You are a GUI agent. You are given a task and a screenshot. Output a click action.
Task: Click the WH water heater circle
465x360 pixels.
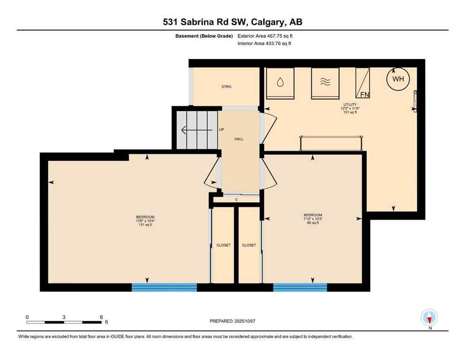[x=398, y=79]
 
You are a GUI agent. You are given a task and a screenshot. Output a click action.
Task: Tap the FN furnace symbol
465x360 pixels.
[x=363, y=83]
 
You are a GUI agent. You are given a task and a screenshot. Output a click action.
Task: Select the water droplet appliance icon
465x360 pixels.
[x=280, y=83]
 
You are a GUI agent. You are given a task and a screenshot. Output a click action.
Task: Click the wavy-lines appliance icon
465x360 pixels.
[x=325, y=83]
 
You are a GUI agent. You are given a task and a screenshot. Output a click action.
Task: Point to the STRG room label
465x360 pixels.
[x=227, y=87]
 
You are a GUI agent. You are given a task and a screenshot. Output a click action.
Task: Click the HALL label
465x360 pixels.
[x=239, y=139]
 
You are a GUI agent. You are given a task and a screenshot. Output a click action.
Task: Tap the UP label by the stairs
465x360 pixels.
[x=221, y=130]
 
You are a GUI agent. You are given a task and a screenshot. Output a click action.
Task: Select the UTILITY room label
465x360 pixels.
[x=349, y=105]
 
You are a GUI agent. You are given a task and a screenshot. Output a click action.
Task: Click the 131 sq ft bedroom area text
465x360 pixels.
[x=145, y=225]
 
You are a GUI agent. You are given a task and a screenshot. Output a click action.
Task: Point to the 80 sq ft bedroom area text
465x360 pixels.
[x=312, y=223]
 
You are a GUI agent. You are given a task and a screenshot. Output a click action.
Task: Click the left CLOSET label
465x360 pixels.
[x=223, y=245]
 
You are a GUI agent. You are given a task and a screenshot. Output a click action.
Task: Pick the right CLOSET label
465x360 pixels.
[x=249, y=245]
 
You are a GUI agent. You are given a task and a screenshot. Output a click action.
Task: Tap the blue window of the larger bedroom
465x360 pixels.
[x=164, y=287]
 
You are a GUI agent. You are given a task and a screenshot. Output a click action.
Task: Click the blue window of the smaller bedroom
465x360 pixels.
[x=300, y=287]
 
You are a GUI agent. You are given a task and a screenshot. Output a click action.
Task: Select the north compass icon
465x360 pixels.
[x=429, y=317]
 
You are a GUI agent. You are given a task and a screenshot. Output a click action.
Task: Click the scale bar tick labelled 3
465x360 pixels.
[x=64, y=317]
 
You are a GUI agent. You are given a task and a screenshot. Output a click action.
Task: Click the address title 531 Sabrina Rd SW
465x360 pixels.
[x=232, y=22]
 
